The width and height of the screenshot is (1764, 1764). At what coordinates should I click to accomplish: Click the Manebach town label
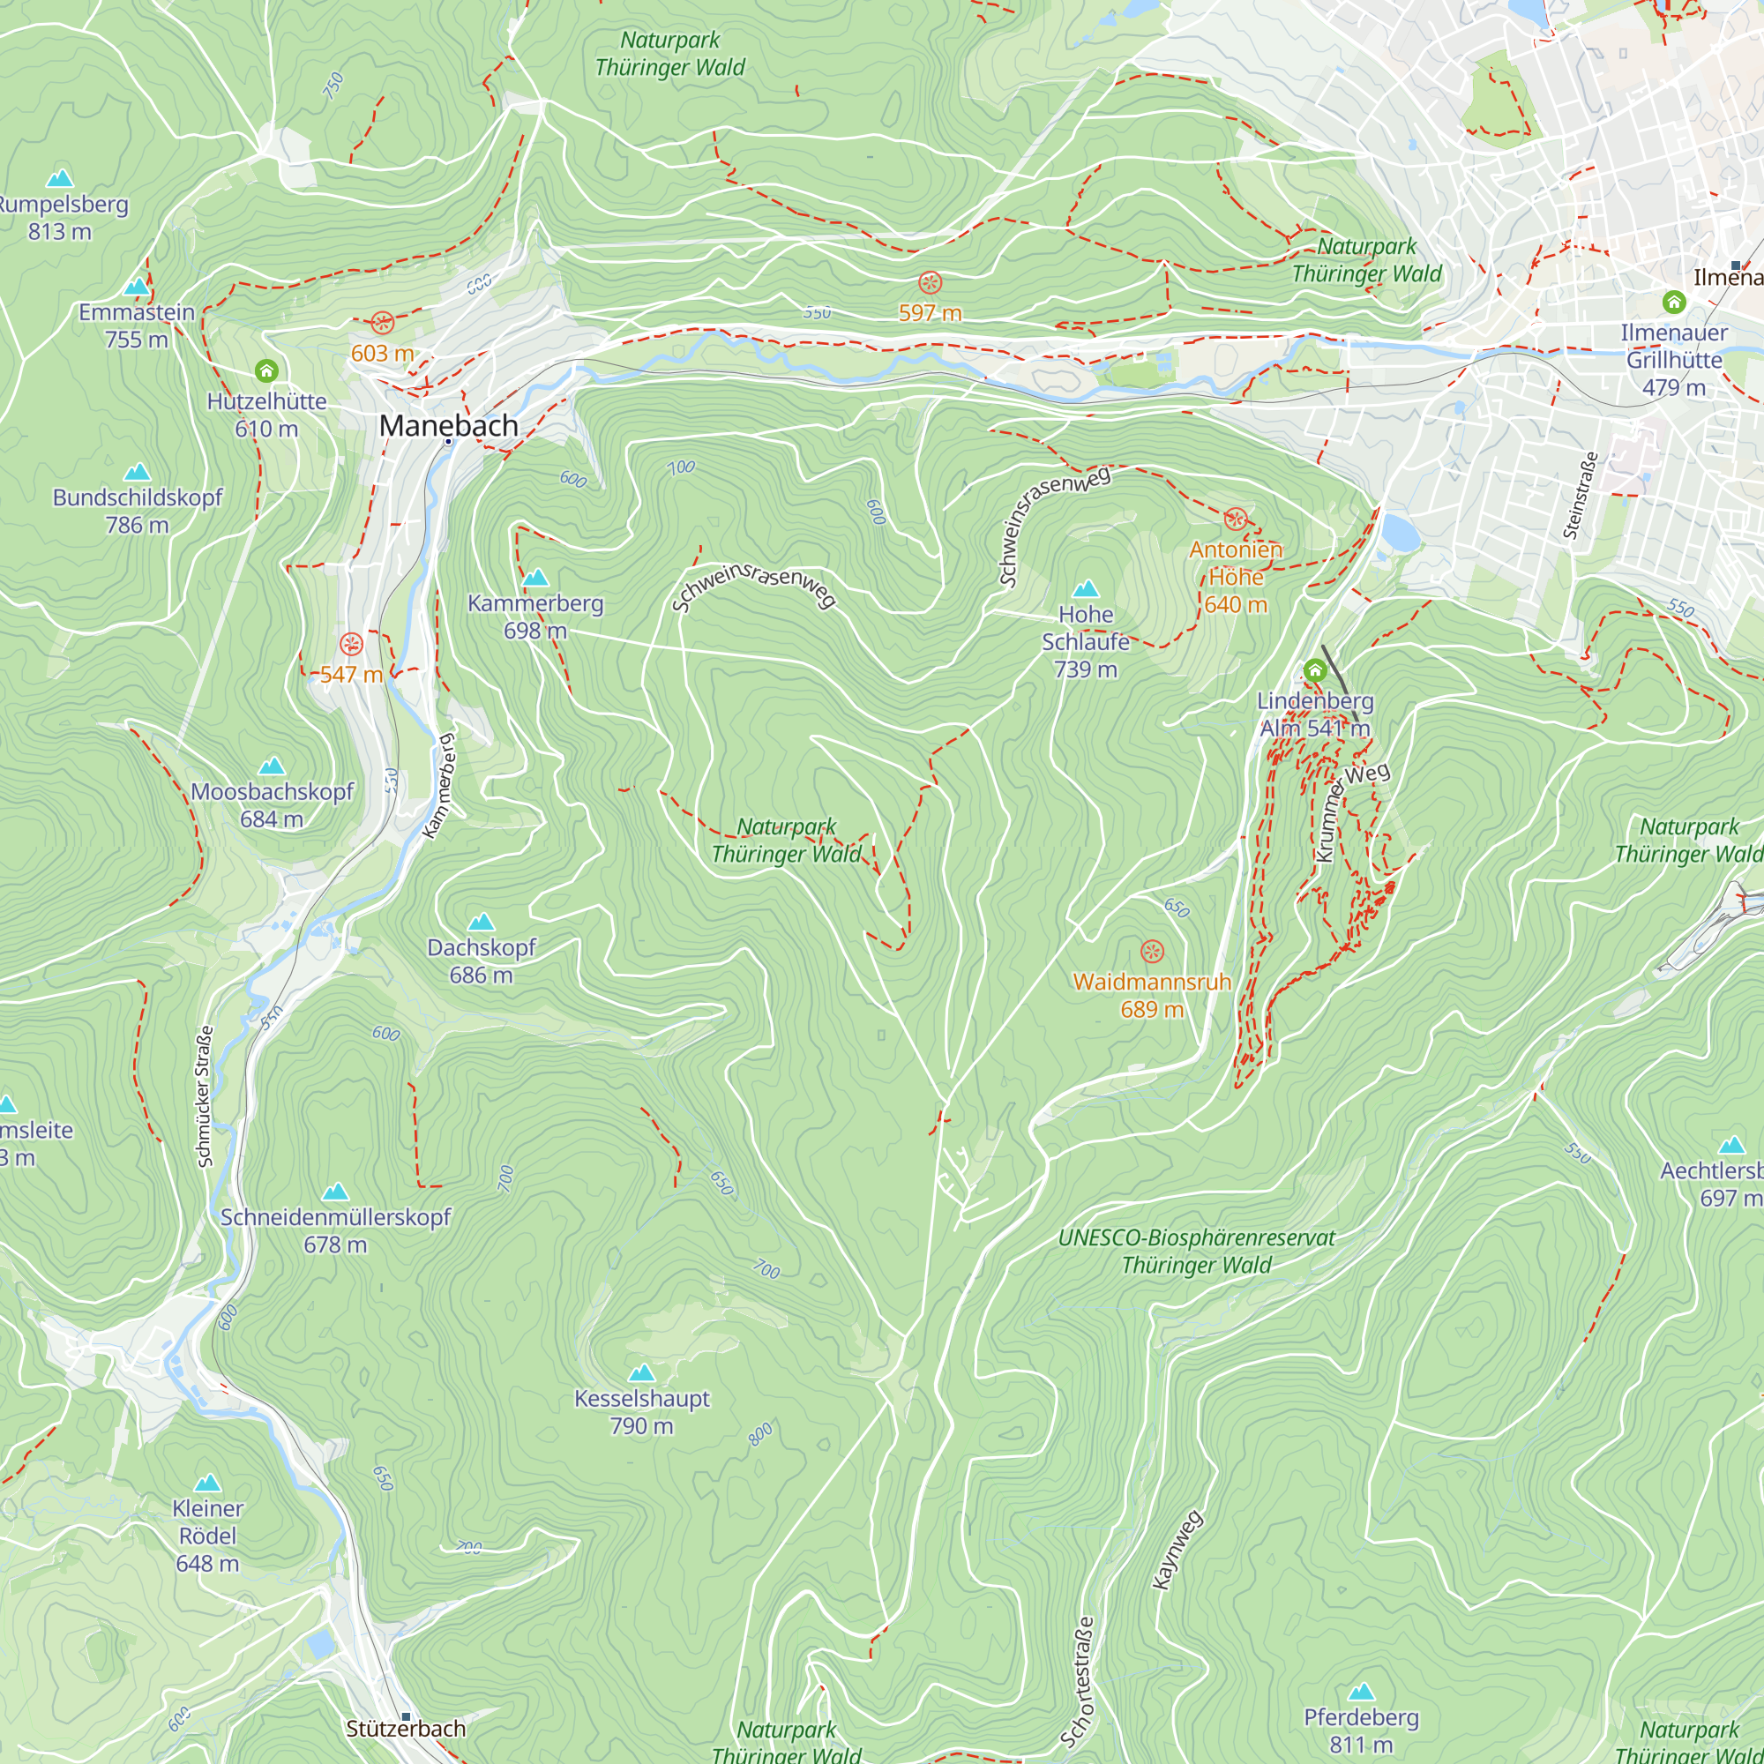[x=448, y=425]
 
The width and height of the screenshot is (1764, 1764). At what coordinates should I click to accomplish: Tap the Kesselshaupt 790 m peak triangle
[x=642, y=1373]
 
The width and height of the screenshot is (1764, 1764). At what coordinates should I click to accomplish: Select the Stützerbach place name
[x=406, y=1729]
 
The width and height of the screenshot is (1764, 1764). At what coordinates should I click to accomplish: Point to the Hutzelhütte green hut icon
[x=265, y=370]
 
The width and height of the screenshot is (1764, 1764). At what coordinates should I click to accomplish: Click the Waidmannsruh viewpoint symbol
[x=1152, y=952]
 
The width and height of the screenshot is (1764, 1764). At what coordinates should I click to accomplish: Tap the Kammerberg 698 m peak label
[x=535, y=617]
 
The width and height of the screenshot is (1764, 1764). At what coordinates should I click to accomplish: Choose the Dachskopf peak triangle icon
[x=481, y=923]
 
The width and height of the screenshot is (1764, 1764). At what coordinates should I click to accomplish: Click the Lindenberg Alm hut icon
[x=1314, y=670]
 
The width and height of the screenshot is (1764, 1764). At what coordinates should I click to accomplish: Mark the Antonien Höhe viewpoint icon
[x=1235, y=519]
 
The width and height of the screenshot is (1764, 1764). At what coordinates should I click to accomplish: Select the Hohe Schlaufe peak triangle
[x=1086, y=589]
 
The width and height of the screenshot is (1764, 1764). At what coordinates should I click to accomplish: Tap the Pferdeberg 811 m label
[x=1360, y=1730]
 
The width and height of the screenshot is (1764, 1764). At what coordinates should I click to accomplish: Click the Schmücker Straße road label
[x=206, y=1095]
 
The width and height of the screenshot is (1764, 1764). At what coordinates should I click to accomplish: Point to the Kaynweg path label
[x=1177, y=1551]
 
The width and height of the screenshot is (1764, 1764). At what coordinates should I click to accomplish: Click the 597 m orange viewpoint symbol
[x=930, y=283]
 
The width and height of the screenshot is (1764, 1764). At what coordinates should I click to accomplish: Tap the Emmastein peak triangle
[x=136, y=287]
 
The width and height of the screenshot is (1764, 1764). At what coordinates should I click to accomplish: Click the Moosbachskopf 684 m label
[x=271, y=804]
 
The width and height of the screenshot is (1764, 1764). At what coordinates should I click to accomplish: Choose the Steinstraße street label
[x=1580, y=496]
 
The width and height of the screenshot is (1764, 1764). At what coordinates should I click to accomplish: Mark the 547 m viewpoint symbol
[x=352, y=645]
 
